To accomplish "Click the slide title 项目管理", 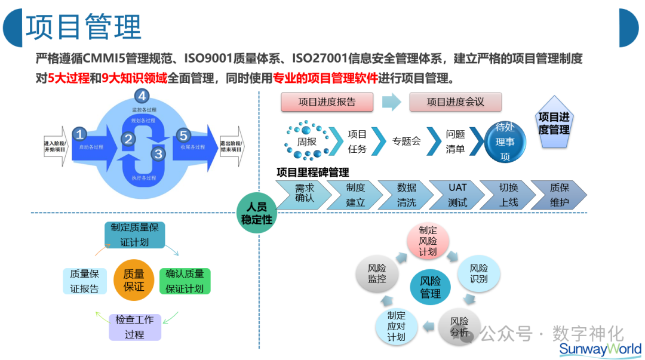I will tap(84, 27).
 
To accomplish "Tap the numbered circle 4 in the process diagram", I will tap(142, 96).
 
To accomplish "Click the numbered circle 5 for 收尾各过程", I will tap(183, 135).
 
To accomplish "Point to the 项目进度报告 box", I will tap(327, 102).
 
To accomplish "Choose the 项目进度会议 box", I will tap(455, 102).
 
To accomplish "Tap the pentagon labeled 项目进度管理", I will tap(554, 123).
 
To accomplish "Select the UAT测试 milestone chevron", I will tap(457, 195).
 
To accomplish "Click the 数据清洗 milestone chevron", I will tap(407, 195).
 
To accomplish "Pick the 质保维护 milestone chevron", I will tap(559, 195).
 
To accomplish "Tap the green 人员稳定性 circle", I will tap(256, 213).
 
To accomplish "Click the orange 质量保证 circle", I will tap(134, 280).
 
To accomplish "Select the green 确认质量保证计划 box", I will tap(185, 281).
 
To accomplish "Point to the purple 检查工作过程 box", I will tap(135, 327).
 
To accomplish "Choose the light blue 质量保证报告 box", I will tap(84, 281).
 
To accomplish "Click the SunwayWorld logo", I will tap(600, 349).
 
